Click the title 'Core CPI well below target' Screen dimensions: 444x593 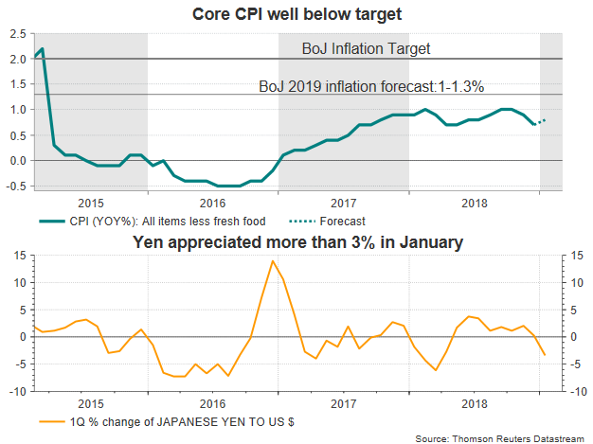[x=296, y=13]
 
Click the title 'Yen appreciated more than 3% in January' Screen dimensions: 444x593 [x=296, y=242]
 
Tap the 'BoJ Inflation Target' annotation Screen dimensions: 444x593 [x=366, y=48]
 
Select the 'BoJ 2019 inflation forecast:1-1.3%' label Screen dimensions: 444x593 [x=371, y=86]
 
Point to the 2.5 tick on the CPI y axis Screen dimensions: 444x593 [x=17, y=33]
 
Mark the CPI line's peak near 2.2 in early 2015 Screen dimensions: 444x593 [x=43, y=48]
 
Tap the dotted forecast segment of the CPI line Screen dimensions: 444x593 [x=541, y=121]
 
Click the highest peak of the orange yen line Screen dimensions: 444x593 [x=273, y=260]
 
